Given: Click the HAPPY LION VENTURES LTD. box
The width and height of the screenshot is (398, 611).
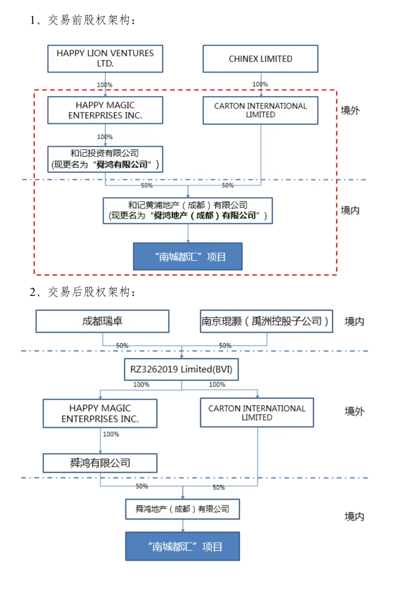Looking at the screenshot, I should click(x=105, y=59).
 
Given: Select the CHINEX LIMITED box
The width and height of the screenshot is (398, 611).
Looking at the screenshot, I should click(x=260, y=59).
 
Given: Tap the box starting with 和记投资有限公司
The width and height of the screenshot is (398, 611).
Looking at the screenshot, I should click(x=105, y=159).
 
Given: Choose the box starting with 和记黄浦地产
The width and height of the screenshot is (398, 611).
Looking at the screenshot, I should click(x=188, y=211).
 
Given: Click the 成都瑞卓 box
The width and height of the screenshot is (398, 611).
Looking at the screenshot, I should click(x=102, y=321).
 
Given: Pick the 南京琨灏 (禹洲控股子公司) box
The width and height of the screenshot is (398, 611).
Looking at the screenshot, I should click(x=266, y=321).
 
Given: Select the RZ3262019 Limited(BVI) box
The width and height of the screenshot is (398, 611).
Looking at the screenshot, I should click(x=181, y=369).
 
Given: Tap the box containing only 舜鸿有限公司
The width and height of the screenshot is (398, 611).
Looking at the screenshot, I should click(x=100, y=463).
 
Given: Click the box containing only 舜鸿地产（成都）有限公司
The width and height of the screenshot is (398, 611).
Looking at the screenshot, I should click(x=182, y=509).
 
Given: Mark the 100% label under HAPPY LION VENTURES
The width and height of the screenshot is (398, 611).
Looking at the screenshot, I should click(x=104, y=85).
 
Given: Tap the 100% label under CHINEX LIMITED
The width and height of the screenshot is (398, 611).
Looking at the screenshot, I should click(x=260, y=84).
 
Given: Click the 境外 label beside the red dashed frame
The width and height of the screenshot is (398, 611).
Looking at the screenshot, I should click(x=350, y=110).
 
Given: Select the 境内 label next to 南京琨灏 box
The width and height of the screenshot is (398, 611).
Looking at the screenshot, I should click(x=354, y=321).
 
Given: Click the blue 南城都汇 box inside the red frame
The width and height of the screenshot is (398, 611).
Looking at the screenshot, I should click(x=188, y=257).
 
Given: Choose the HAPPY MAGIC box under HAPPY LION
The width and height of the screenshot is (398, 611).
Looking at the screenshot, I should click(x=105, y=110).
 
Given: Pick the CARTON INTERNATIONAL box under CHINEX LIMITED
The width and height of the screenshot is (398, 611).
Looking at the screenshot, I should click(x=260, y=110).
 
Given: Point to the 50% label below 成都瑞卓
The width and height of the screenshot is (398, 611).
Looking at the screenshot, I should click(x=122, y=345).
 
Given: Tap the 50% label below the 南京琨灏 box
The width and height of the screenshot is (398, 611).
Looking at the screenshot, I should click(x=225, y=345).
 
